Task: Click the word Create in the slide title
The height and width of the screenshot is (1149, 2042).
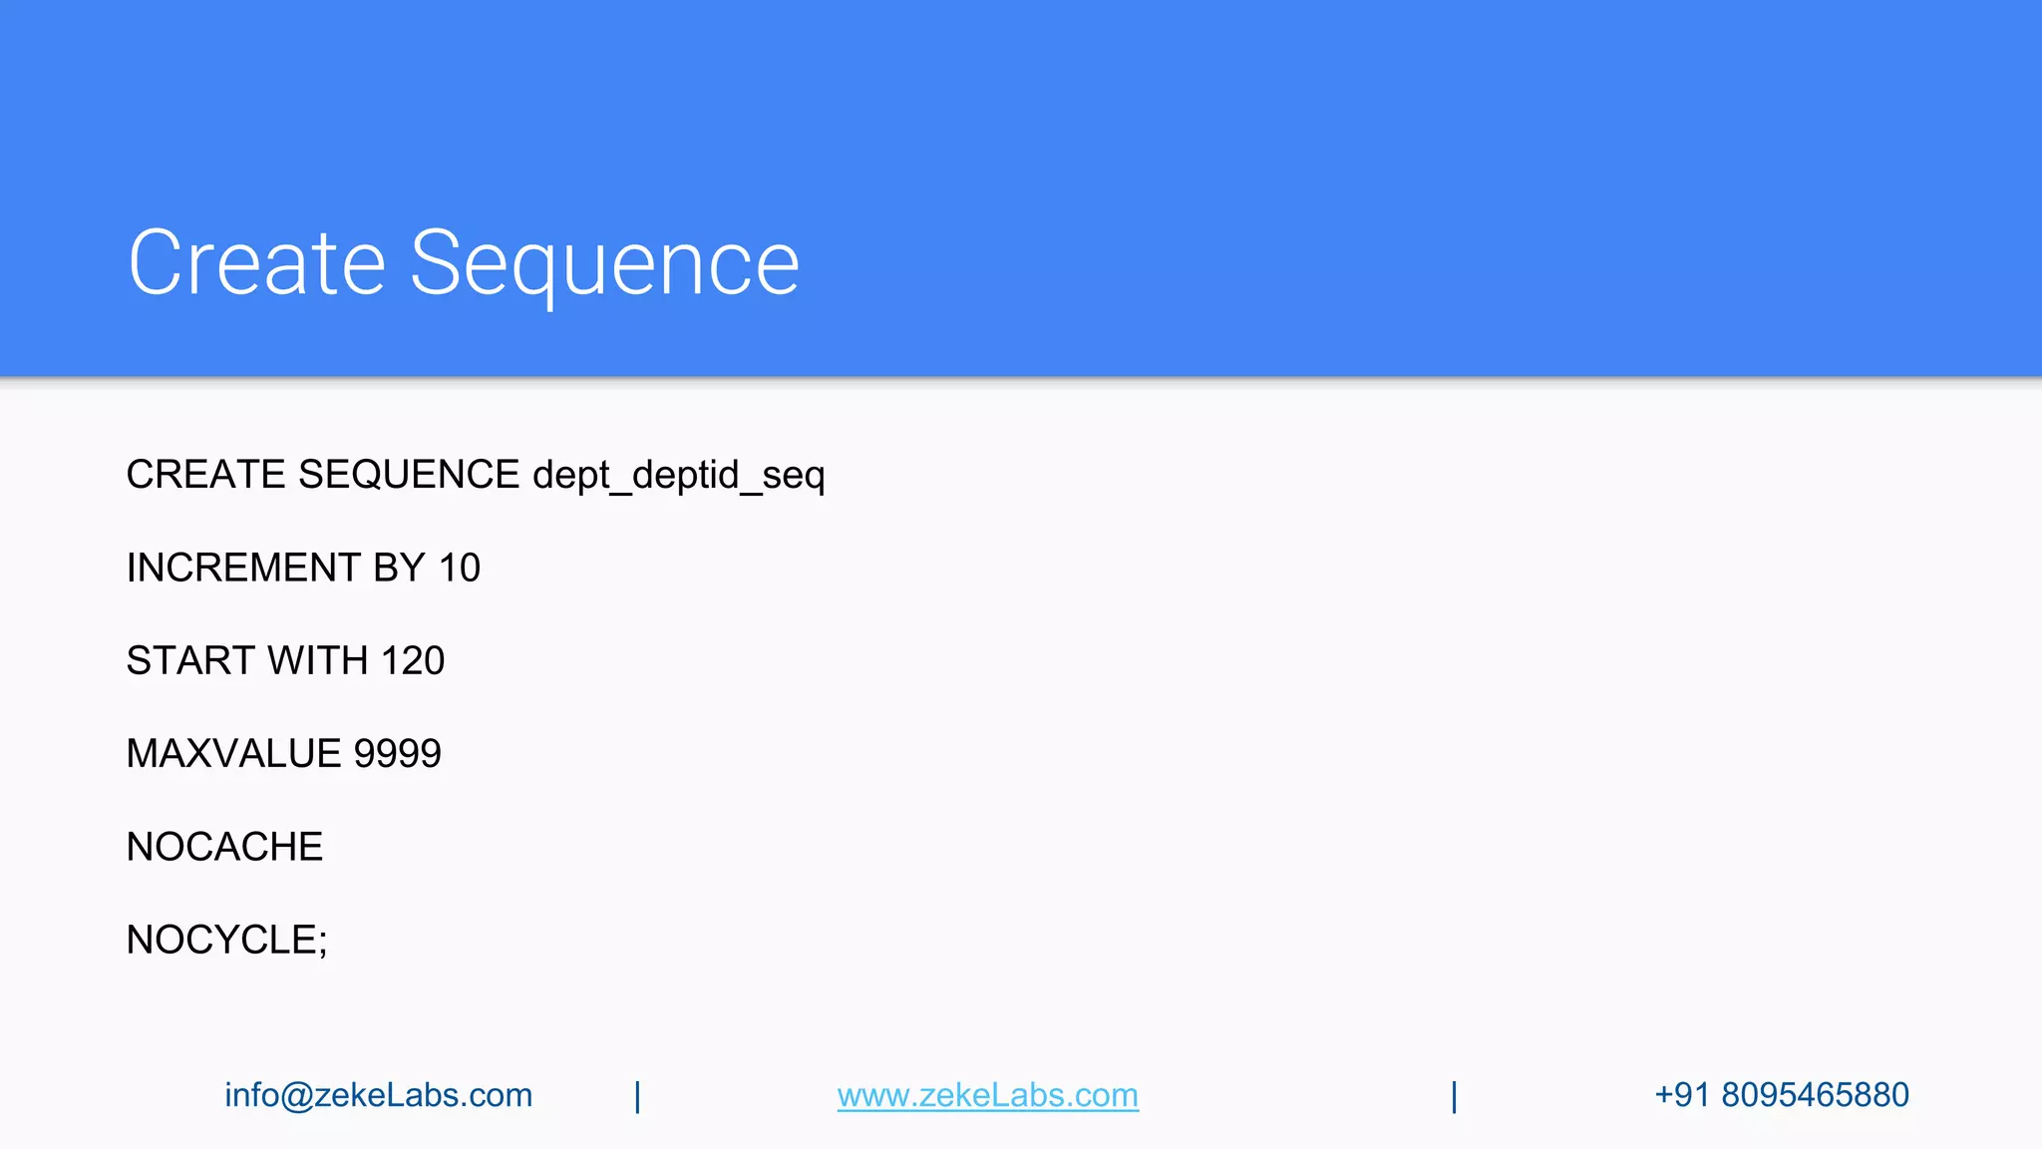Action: pos(256,263)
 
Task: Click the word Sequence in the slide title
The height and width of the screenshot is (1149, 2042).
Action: pos(604,265)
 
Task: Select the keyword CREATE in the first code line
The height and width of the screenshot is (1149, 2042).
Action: pos(205,475)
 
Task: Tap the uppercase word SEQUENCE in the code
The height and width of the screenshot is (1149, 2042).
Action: pos(408,475)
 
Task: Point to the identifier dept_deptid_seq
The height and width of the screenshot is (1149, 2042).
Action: pos(678,476)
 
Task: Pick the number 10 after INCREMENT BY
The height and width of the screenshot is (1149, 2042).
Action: pos(460,568)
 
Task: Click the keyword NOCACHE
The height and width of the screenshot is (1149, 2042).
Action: pos(224,847)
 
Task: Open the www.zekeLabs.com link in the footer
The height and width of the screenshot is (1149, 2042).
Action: pos(987,1095)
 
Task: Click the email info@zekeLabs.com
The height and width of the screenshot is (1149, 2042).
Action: pos(378,1095)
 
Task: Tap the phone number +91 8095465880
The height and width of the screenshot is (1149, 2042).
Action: pos(1781,1095)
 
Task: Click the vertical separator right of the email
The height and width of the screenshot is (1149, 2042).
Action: pos(637,1096)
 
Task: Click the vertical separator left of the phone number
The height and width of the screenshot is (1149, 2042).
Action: pos(1454,1096)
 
